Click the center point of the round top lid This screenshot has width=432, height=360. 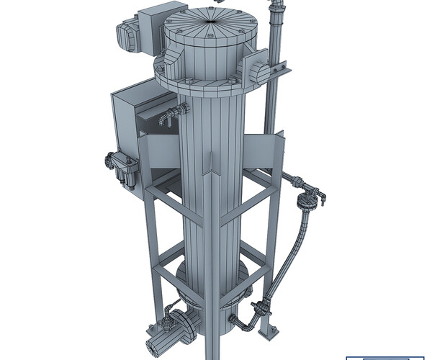pyautogui.click(x=210, y=21)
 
